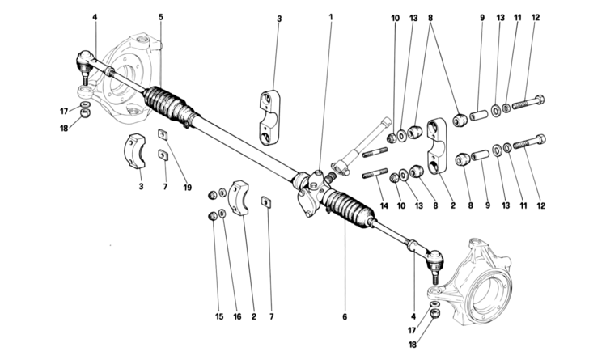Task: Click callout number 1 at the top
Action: tap(330, 16)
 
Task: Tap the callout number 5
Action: tap(160, 16)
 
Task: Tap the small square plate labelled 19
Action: tap(161, 134)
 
